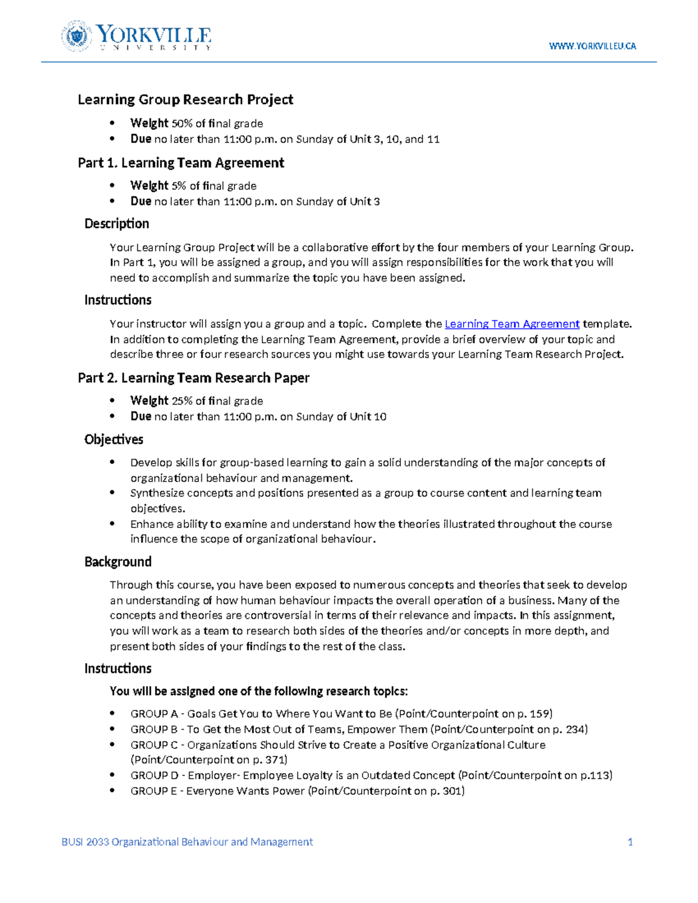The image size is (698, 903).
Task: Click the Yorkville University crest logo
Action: [76, 36]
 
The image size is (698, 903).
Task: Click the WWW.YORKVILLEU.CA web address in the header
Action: [592, 46]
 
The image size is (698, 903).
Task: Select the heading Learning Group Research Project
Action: [185, 99]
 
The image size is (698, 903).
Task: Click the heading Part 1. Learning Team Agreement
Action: [181, 163]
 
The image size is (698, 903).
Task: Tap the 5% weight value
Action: [179, 186]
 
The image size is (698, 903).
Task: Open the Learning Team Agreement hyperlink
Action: [512, 324]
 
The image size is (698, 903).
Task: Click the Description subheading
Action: [116, 224]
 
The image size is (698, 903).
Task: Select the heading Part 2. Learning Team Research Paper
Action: [193, 378]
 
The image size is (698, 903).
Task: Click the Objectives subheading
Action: [113, 440]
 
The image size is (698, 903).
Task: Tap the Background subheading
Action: [117, 562]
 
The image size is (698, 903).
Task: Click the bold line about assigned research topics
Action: [259, 691]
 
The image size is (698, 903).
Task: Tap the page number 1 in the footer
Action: [630, 842]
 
